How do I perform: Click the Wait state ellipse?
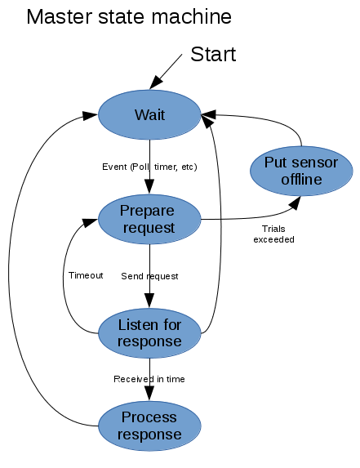149,114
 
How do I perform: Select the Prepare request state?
149,219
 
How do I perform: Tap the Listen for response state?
149,333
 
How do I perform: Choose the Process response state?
149,426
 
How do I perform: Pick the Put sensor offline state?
301,171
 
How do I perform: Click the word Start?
213,55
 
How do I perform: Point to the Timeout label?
86,275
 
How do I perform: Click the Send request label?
149,276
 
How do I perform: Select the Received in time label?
149,379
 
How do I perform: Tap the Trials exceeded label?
273,234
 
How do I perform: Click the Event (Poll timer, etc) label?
149,167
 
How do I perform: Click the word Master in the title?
60,16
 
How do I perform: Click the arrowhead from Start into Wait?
156,82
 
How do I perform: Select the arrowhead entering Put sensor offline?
295,203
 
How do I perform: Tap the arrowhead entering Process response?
149,394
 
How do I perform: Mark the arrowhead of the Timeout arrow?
91,222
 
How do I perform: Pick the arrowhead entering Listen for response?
149,301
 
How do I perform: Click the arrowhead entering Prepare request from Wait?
149,187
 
